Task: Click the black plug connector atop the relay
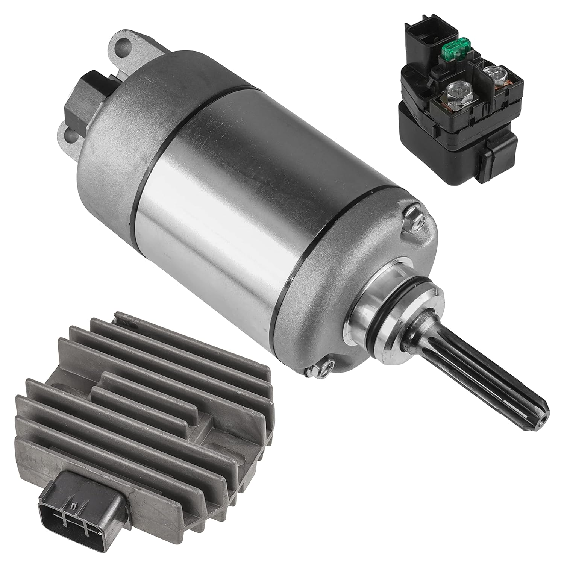pyautogui.click(x=417, y=36)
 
